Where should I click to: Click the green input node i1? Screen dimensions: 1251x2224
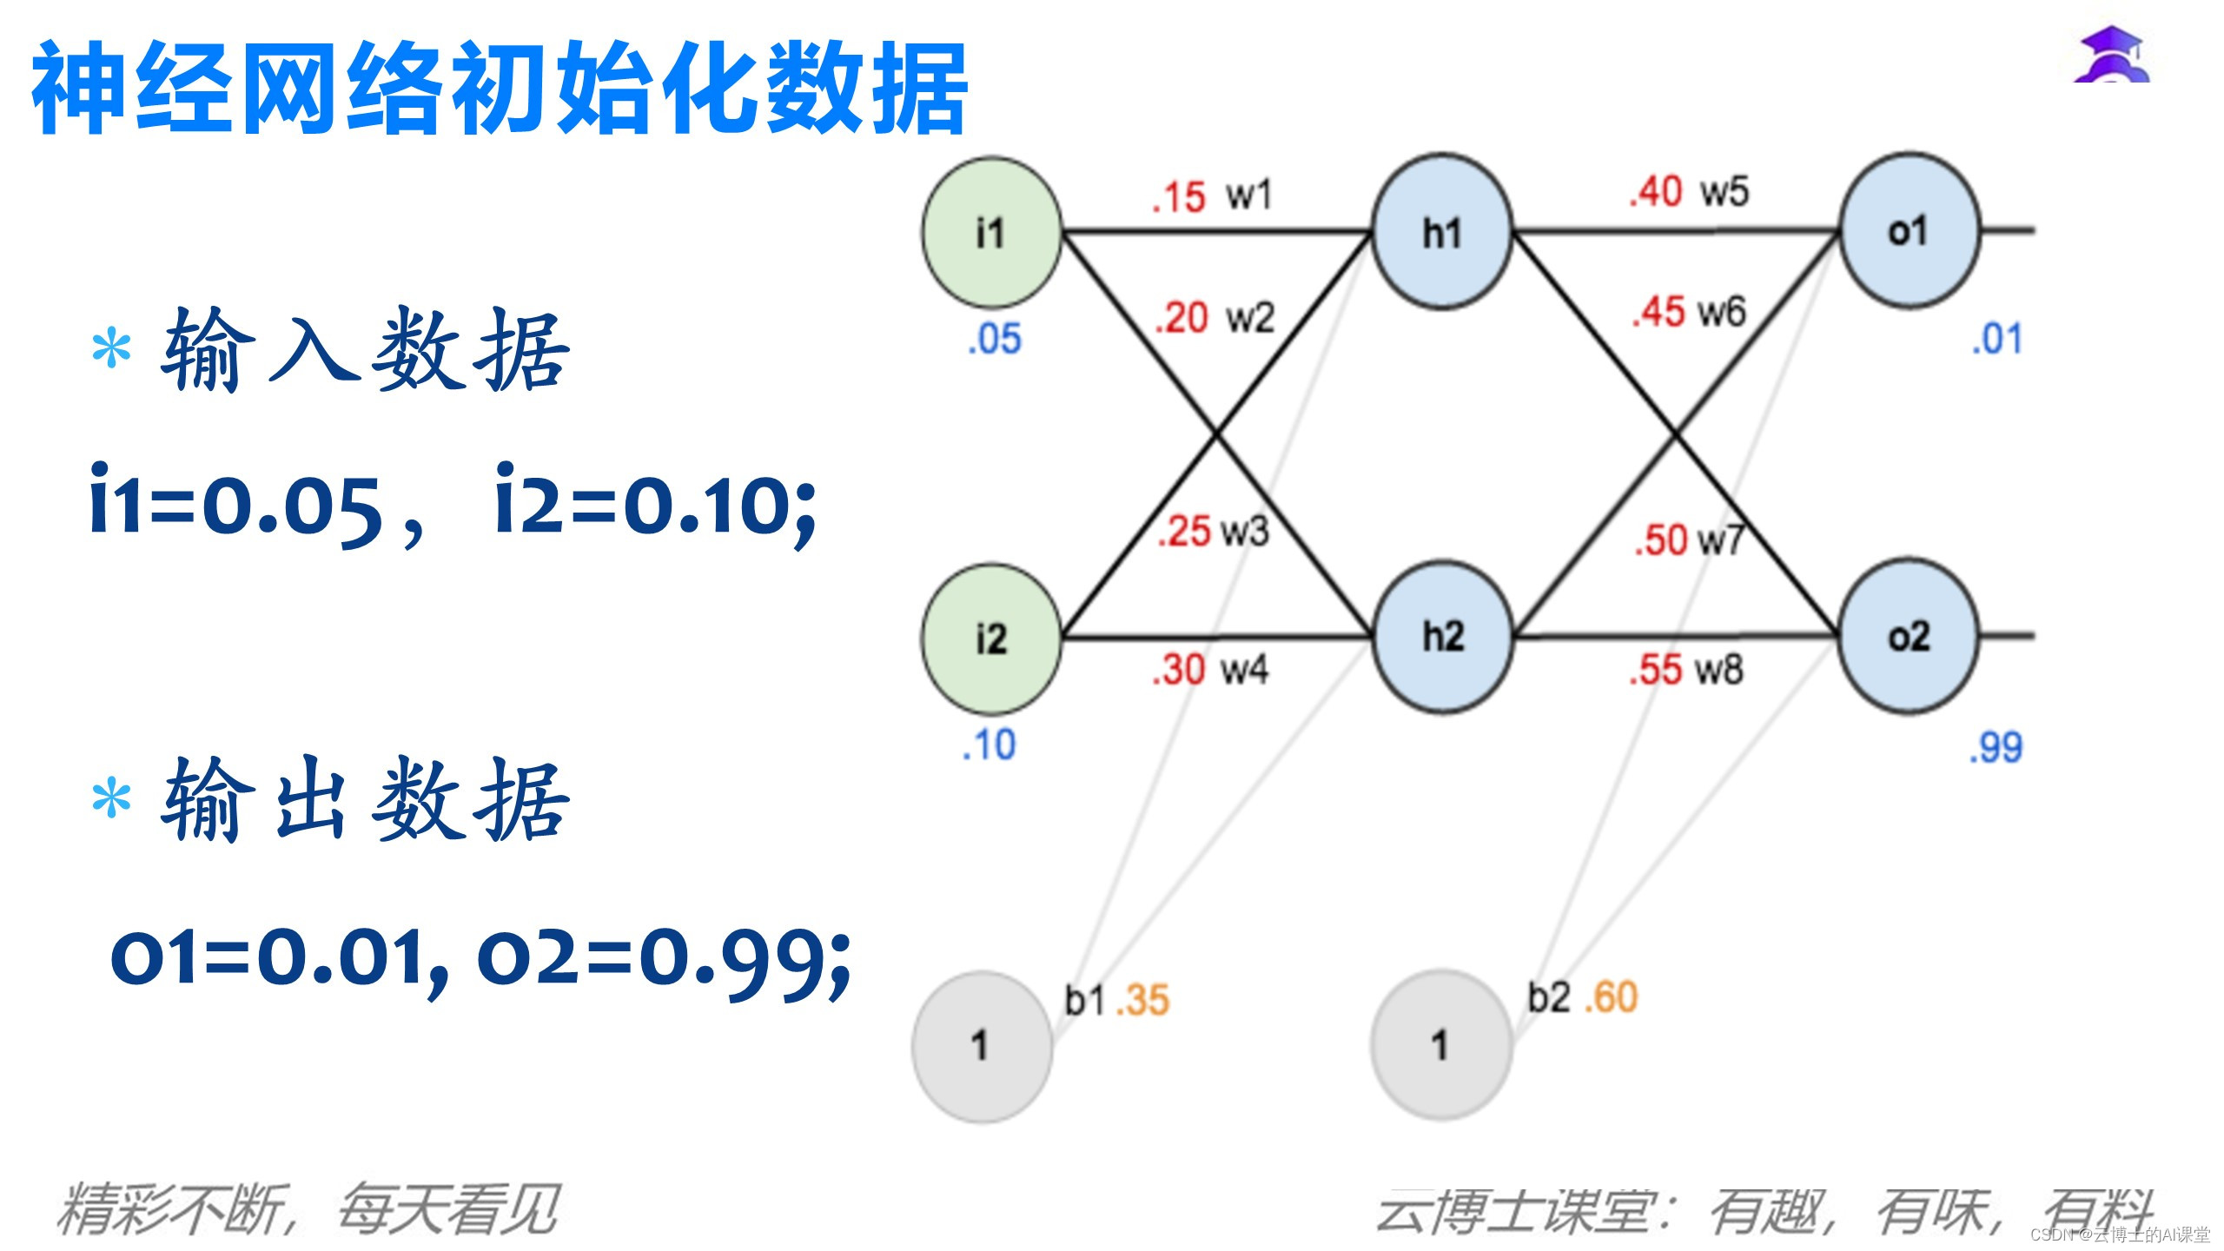click(x=991, y=233)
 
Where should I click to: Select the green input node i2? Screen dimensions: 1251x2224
click(x=991, y=639)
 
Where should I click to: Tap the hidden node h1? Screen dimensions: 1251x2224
click(x=1442, y=232)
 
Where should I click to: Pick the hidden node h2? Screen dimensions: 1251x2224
click(x=1442, y=637)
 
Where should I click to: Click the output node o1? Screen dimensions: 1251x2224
click(x=1909, y=231)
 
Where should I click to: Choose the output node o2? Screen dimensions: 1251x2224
click(x=1909, y=637)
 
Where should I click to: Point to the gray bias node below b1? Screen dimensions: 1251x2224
click(x=982, y=1046)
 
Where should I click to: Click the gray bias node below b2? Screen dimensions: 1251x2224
click(x=1441, y=1045)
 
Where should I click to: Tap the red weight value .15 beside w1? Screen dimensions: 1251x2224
click(x=1179, y=197)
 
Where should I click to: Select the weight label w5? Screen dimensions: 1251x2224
click(x=1724, y=192)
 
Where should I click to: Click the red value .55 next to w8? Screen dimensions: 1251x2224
click(x=1656, y=670)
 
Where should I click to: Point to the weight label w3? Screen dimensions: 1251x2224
click(x=1245, y=531)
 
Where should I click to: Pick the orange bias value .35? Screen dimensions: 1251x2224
click(x=1142, y=1000)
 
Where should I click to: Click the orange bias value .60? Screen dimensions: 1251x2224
click(x=1611, y=997)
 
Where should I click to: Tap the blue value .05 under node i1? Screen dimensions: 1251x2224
click(x=995, y=339)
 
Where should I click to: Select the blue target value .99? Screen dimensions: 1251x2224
click(x=1996, y=747)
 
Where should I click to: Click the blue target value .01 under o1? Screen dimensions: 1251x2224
click(x=1997, y=339)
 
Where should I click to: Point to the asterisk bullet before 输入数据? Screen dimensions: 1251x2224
click(x=112, y=351)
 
